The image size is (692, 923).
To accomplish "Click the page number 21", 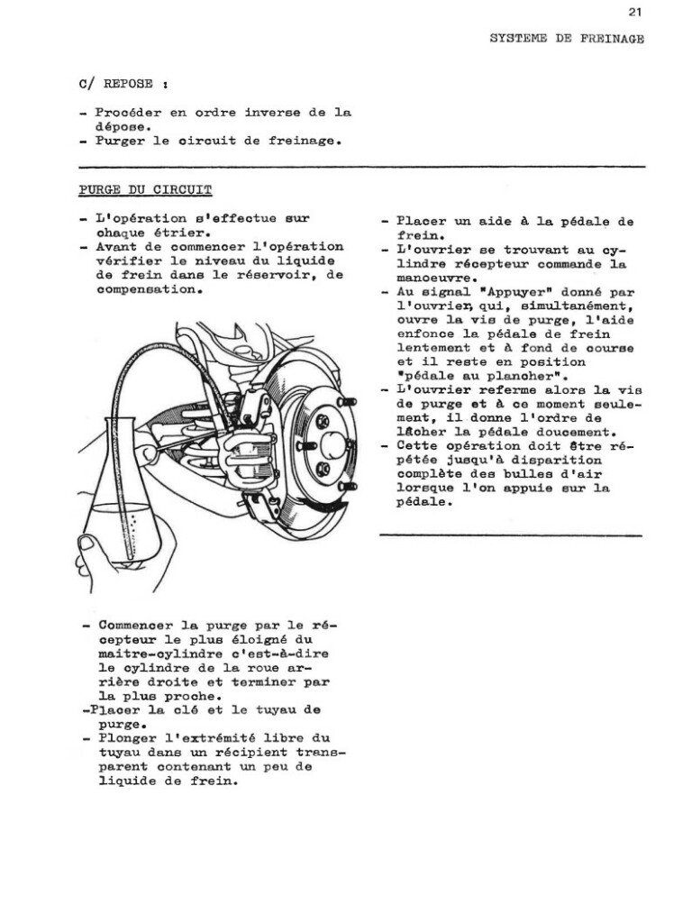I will [x=635, y=12].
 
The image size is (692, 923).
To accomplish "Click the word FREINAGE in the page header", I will [x=612, y=39].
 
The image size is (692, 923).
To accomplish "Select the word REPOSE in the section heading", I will [x=129, y=84].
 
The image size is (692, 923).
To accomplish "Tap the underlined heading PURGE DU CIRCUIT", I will [x=145, y=190].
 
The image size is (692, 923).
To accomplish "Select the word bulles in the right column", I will [x=520, y=474].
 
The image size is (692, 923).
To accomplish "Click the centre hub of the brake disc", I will [x=333, y=444].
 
